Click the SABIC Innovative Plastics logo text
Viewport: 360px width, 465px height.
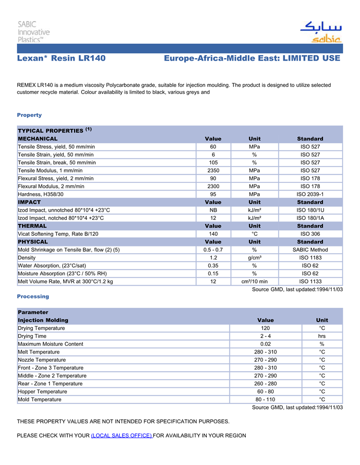[33, 31]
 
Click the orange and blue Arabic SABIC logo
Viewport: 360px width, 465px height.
[320, 32]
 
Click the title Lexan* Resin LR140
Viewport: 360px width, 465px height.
[61, 59]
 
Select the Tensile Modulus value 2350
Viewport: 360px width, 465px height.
[213, 171]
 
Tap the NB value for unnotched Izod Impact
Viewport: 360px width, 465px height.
[213, 210]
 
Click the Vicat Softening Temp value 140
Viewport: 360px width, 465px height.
[213, 234]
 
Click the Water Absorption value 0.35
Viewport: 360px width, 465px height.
[213, 266]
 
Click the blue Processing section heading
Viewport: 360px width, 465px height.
[33, 296]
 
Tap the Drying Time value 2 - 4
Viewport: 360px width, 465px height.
[265, 336]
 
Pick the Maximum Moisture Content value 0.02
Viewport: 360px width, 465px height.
[265, 344]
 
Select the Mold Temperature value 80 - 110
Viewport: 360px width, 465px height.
[265, 399]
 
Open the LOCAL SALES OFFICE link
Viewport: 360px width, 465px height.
[121, 436]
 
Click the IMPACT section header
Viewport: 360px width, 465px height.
[29, 202]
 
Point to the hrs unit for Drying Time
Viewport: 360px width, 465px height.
[322, 336]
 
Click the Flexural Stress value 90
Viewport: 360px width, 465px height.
[213, 178]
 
